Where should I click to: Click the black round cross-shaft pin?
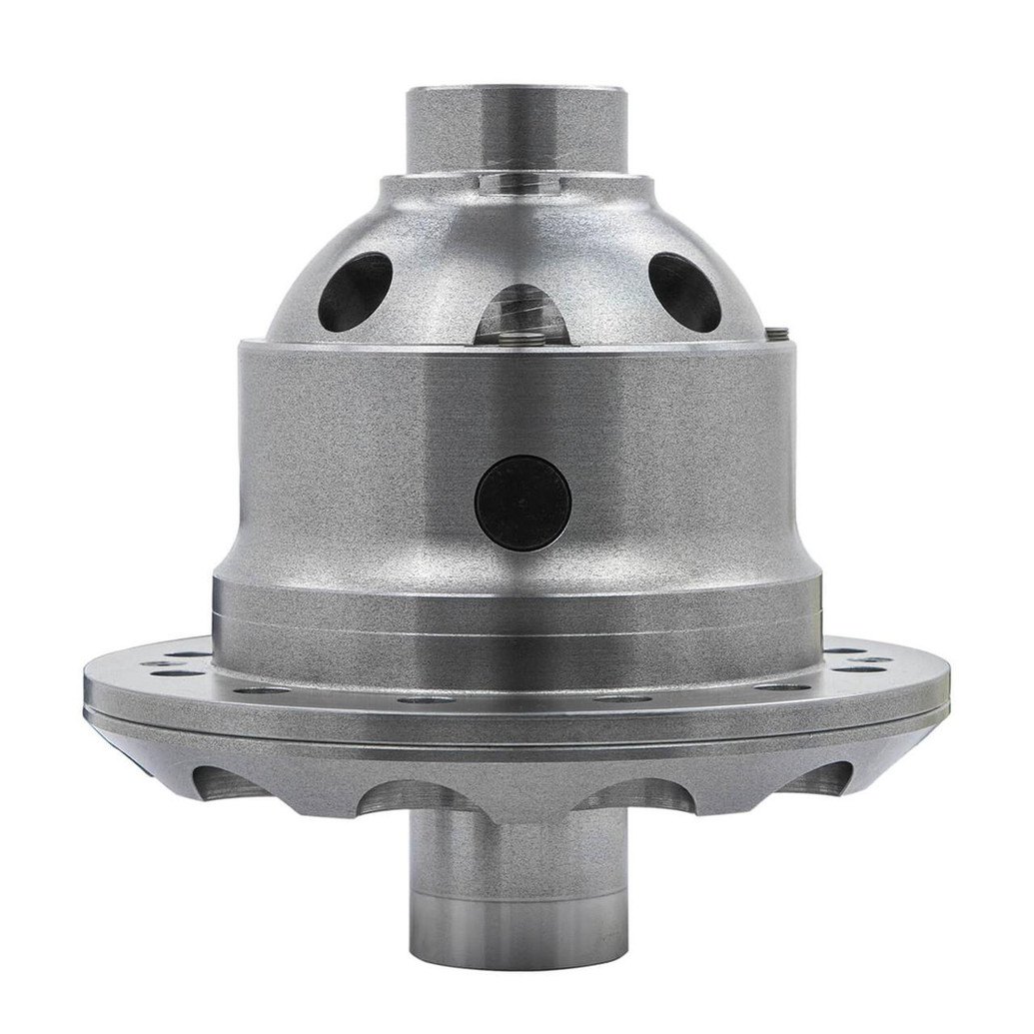point(522,503)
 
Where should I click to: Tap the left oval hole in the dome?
point(355,291)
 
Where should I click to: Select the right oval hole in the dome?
point(684,291)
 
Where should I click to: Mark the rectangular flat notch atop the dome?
point(516,183)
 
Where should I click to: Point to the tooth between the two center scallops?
point(523,789)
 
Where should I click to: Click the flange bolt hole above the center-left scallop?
point(425,698)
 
